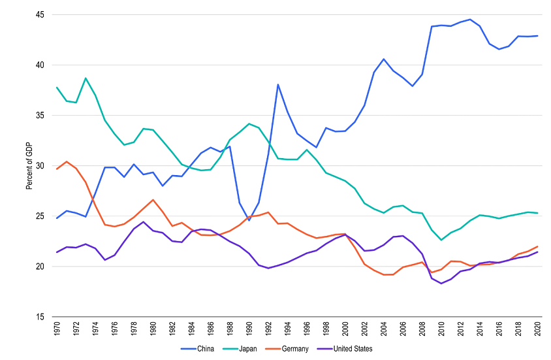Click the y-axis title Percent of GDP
point(29,166)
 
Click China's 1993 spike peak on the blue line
point(278,84)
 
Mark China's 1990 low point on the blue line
point(249,220)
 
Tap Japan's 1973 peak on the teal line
point(86,78)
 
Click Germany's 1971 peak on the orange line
point(67,161)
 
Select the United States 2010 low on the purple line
point(441,284)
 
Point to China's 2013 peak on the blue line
point(469,20)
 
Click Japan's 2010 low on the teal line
point(441,240)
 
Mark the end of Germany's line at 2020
point(537,246)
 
